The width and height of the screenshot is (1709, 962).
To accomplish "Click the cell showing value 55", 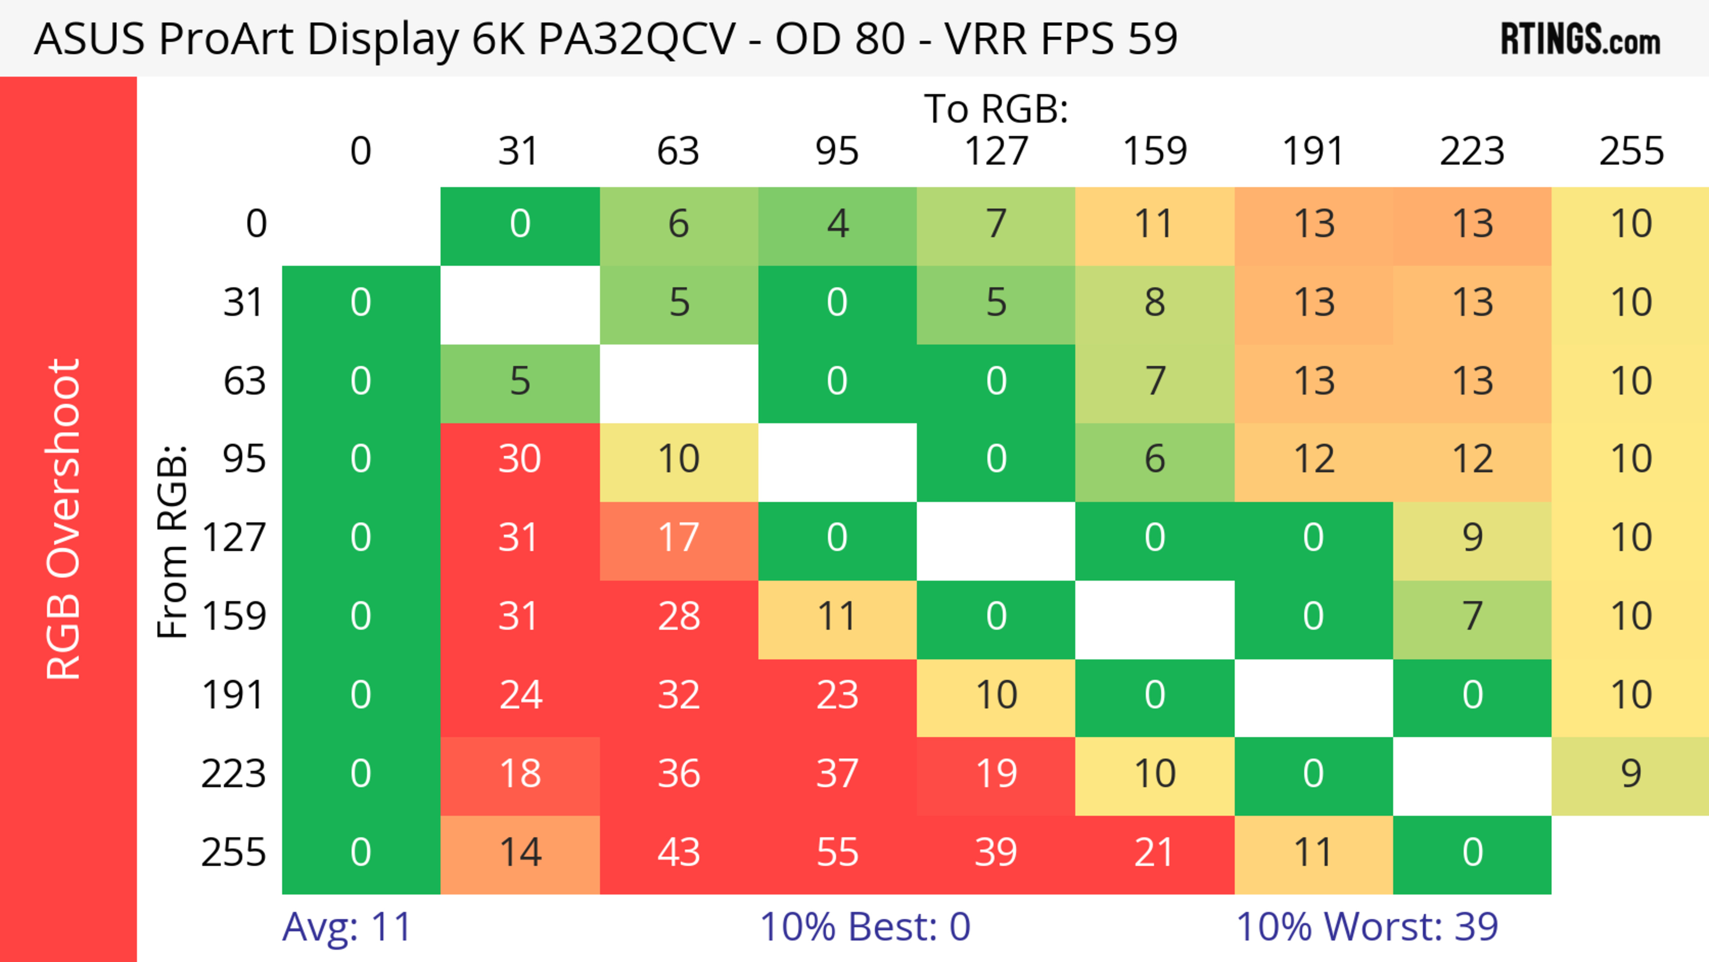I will (x=837, y=853).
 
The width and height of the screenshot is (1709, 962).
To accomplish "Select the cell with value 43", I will (x=679, y=853).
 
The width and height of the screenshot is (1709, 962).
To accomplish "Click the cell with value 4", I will (x=837, y=224).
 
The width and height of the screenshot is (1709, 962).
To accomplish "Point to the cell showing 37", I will (x=837, y=774).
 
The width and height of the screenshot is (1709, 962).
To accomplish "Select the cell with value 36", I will (x=679, y=774).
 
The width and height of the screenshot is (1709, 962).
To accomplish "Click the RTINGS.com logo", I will (x=1580, y=39).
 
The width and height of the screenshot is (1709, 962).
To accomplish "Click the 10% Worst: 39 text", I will (x=1367, y=927).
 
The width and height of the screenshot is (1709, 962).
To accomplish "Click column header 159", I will (x=1154, y=152).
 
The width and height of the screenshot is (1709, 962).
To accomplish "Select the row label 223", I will (x=234, y=774).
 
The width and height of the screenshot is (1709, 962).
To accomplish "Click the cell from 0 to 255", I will (x=1631, y=224).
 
